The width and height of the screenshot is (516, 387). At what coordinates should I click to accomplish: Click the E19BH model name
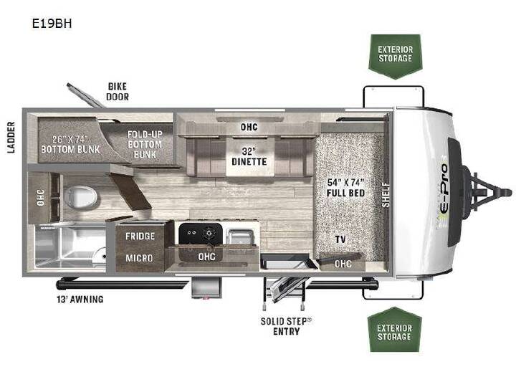pyautogui.click(x=52, y=24)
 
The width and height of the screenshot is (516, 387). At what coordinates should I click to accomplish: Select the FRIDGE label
pyautogui.click(x=140, y=236)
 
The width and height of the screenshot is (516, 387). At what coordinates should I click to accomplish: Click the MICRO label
pyautogui.click(x=139, y=258)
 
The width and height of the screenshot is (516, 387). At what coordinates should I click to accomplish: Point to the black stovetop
pyautogui.click(x=201, y=234)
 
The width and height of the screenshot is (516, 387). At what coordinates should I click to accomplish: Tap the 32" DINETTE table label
pyautogui.click(x=249, y=156)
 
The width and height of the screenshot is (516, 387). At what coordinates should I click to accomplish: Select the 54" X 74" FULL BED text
pyautogui.click(x=345, y=188)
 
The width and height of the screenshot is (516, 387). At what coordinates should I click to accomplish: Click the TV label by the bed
pyautogui.click(x=340, y=239)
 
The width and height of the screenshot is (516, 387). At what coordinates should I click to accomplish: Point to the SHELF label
pyautogui.click(x=386, y=195)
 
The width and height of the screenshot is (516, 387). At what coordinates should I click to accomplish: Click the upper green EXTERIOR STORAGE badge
pyautogui.click(x=395, y=57)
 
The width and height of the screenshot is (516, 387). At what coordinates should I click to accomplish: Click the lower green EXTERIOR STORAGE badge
pyautogui.click(x=395, y=330)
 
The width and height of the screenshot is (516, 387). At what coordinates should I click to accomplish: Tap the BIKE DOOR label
pyautogui.click(x=118, y=92)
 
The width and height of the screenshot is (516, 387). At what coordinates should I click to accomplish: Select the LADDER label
pyautogui.click(x=11, y=137)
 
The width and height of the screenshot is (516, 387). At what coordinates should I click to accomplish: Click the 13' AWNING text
pyautogui.click(x=80, y=299)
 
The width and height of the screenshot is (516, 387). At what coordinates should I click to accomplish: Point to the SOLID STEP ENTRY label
pyautogui.click(x=286, y=326)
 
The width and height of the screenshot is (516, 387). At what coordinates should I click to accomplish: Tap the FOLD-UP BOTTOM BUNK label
pyautogui.click(x=145, y=145)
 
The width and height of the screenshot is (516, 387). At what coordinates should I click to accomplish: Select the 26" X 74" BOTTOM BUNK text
pyautogui.click(x=70, y=145)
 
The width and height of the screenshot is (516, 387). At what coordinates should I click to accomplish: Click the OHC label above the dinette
pyautogui.click(x=249, y=127)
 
